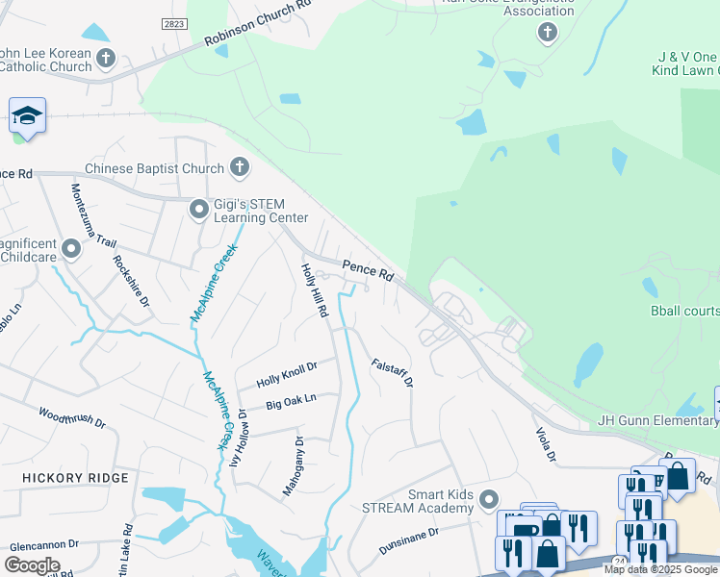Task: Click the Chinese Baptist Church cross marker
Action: tap(240, 168)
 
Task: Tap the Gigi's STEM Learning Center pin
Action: tap(199, 209)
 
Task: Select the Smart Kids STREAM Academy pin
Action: tap(489, 499)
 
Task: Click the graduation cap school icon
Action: tap(28, 116)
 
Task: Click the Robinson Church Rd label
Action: tap(259, 23)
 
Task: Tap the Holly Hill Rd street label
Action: tap(315, 291)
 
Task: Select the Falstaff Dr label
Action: tap(392, 372)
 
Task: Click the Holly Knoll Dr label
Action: tap(286, 375)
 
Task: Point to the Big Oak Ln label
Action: tap(291, 401)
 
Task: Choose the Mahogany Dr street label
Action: tap(293, 466)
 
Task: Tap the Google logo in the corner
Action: tap(32, 564)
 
